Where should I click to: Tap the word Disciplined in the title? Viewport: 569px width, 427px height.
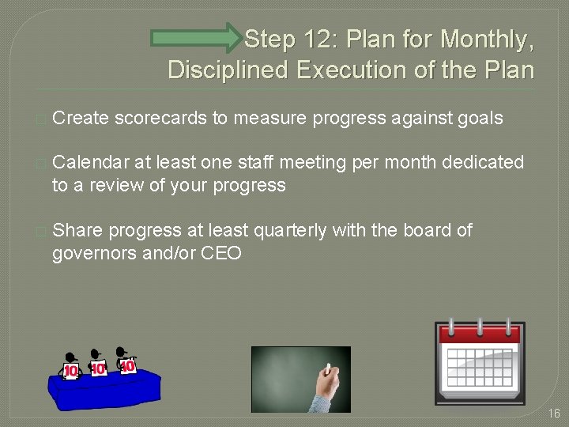pos(228,70)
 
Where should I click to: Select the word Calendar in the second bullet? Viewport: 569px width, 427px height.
pos(91,162)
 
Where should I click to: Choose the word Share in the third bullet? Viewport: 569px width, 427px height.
pos(77,230)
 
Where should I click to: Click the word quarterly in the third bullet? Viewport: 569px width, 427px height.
pos(288,230)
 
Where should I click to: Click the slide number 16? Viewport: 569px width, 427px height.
pos(553,414)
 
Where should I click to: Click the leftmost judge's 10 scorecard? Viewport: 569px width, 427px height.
pos(71,369)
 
